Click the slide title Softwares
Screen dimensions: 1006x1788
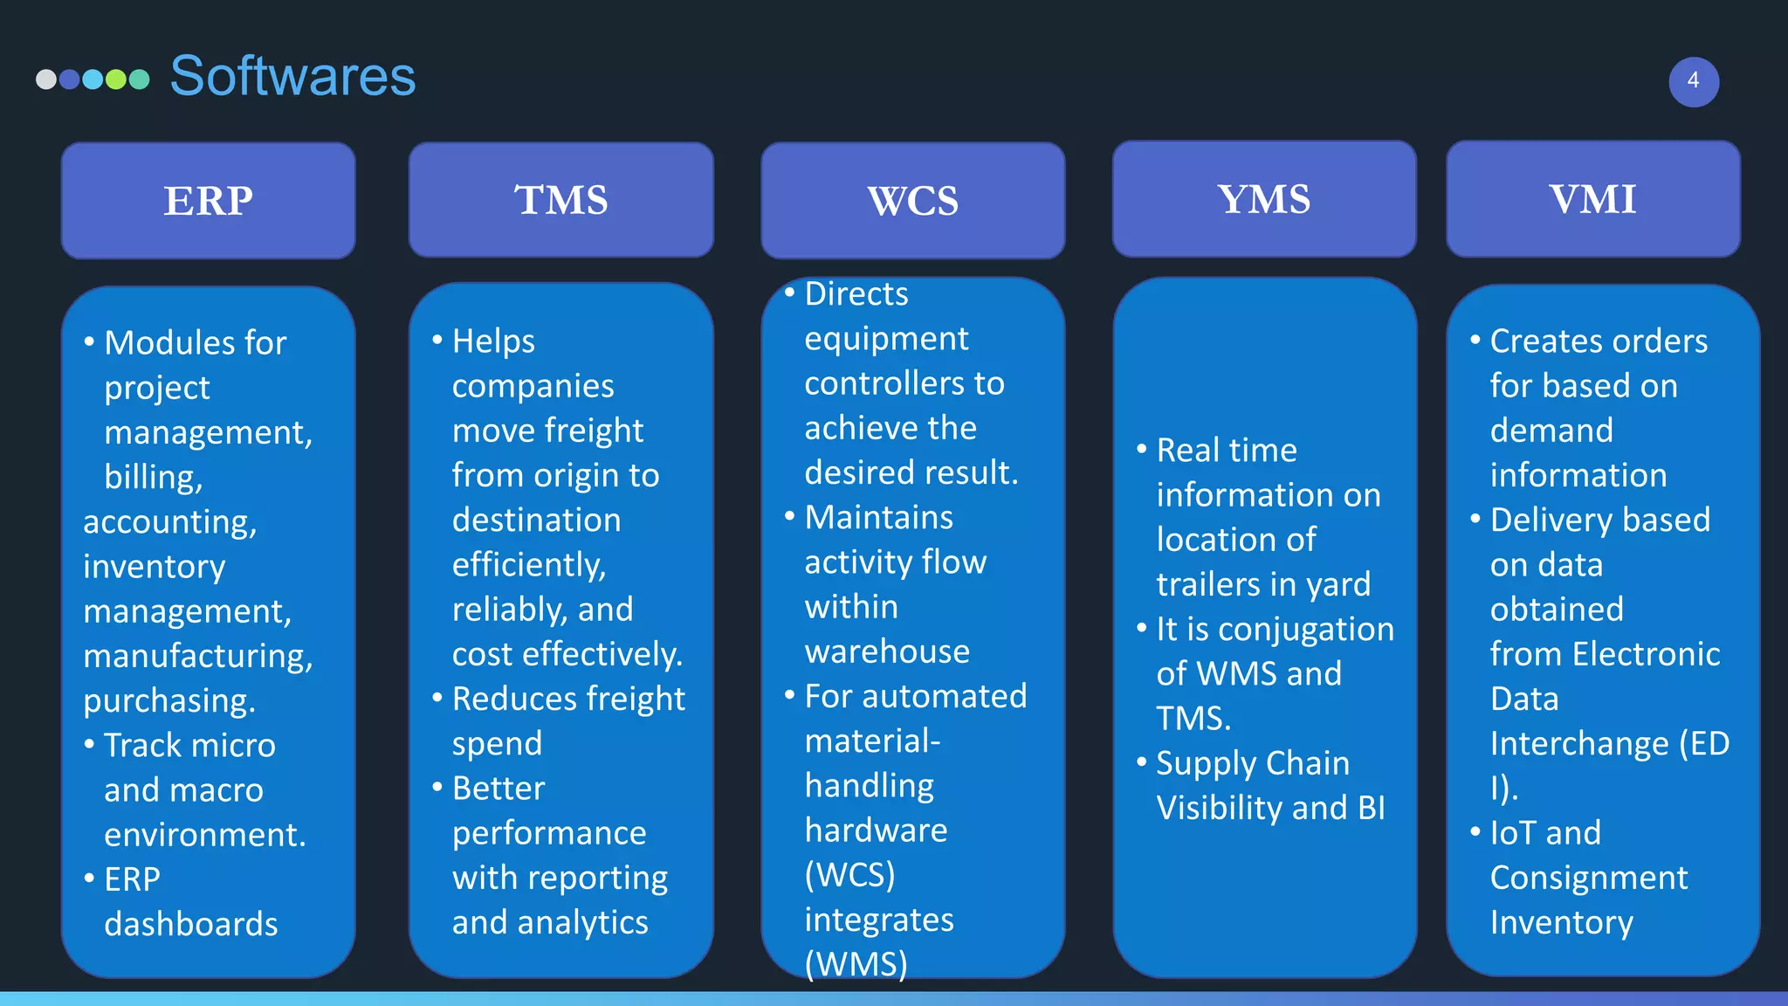tap(292, 76)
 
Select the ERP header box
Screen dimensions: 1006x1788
tap(209, 201)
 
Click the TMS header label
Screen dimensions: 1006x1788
tap(560, 200)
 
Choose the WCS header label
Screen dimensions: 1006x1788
tap(912, 201)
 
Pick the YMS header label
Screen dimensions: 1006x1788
tap(1263, 199)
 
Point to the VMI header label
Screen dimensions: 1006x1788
tap(1592, 199)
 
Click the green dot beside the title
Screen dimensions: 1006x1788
tap(116, 79)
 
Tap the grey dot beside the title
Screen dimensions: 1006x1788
tap(46, 79)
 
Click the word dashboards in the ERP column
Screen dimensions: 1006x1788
tap(191, 924)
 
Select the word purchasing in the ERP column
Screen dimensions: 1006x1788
tap(169, 700)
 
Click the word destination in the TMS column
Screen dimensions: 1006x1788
tap(536, 520)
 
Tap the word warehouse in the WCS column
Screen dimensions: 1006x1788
tap(887, 651)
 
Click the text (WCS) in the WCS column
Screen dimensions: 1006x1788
tap(849, 874)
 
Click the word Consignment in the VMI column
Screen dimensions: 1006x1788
tap(1589, 878)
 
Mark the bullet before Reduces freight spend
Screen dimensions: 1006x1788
tap(437, 697)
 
